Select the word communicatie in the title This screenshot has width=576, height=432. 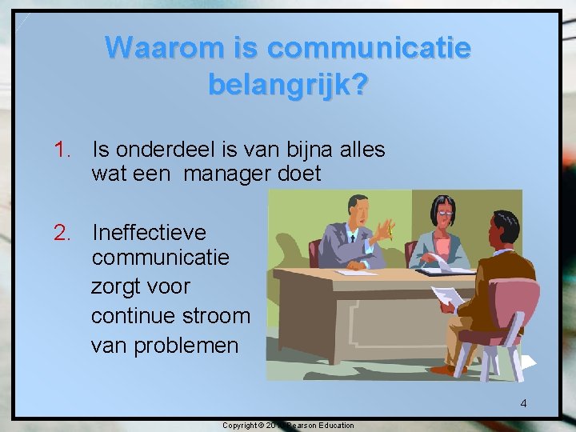point(369,48)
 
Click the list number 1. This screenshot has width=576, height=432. point(62,150)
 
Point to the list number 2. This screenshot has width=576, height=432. point(62,233)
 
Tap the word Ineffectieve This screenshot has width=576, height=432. point(149,233)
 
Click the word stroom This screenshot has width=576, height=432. point(217,316)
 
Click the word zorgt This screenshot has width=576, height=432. point(117,286)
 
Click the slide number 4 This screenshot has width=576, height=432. point(523,403)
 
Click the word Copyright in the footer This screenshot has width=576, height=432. point(241,425)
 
